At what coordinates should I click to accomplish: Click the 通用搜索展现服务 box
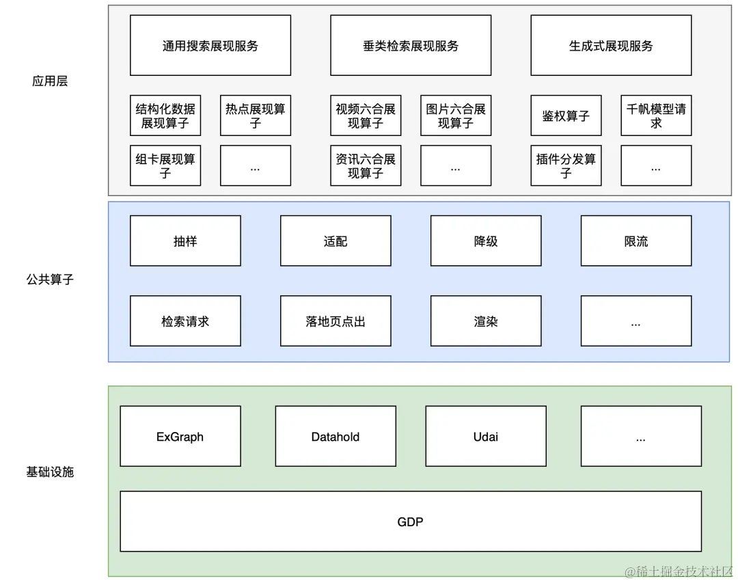[x=210, y=46]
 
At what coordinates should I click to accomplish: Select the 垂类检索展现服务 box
[x=411, y=46]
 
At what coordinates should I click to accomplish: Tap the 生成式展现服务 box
[x=611, y=46]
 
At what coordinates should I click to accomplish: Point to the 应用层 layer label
[x=50, y=81]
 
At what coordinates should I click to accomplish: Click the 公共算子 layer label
[x=50, y=280]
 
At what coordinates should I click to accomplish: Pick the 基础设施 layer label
[x=50, y=472]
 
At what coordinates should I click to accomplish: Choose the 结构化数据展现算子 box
[x=165, y=116]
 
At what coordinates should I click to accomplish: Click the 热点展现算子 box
[x=256, y=116]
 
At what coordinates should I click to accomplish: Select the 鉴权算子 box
[x=566, y=116]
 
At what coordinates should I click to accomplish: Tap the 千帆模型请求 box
[x=656, y=116]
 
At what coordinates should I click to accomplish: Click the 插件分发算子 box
[x=566, y=165]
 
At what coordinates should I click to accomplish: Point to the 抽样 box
[x=185, y=241]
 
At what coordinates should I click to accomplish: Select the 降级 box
[x=486, y=241]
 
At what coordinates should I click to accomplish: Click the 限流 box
[x=636, y=241]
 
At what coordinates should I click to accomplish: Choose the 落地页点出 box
[x=336, y=321]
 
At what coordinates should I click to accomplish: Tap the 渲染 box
[x=486, y=321]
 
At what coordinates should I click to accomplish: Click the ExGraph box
[x=180, y=437]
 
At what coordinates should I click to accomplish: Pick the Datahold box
[x=336, y=437]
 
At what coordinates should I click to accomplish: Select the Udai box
[x=486, y=437]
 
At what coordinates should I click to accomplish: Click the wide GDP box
[x=411, y=521]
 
